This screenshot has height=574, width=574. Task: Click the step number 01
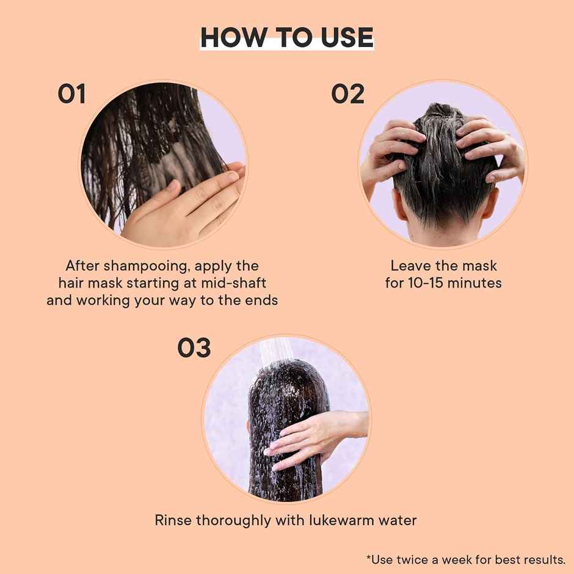[71, 95]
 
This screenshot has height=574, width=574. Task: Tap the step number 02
[347, 95]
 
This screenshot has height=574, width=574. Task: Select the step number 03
[194, 348]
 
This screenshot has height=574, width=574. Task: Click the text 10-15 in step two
[430, 284]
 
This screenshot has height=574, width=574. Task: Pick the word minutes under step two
[477, 284]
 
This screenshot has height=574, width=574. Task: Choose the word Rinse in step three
[173, 521]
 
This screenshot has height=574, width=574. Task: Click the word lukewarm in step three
[343, 521]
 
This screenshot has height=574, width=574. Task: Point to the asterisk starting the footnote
[369, 558]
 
